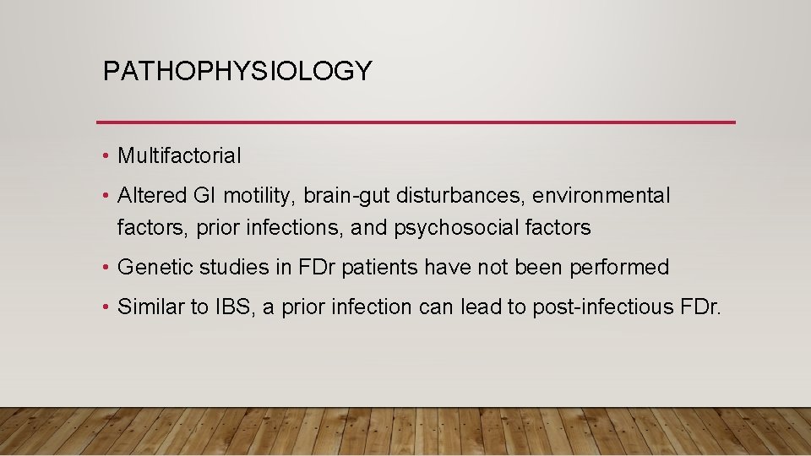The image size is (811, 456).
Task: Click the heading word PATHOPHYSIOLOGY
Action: point(237,72)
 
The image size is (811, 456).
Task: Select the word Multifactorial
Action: point(179,156)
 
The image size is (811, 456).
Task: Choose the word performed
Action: point(619,269)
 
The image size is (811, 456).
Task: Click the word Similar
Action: point(150,307)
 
